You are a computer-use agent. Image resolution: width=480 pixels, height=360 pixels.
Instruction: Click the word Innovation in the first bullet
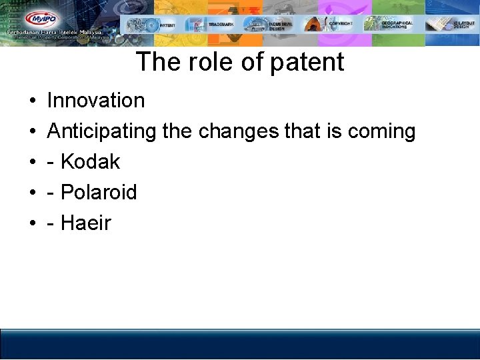click(96, 101)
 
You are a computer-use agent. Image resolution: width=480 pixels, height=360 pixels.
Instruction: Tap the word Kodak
click(90, 162)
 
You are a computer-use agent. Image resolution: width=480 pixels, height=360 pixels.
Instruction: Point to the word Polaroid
click(99, 193)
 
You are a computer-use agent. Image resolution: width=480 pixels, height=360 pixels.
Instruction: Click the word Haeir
click(85, 223)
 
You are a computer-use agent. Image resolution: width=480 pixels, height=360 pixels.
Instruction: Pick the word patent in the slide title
click(307, 62)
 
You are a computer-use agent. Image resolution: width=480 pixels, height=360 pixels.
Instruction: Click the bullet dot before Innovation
click(32, 101)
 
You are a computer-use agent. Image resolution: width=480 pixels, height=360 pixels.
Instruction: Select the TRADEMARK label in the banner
click(221, 25)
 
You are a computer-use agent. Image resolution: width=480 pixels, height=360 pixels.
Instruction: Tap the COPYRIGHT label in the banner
click(341, 23)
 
